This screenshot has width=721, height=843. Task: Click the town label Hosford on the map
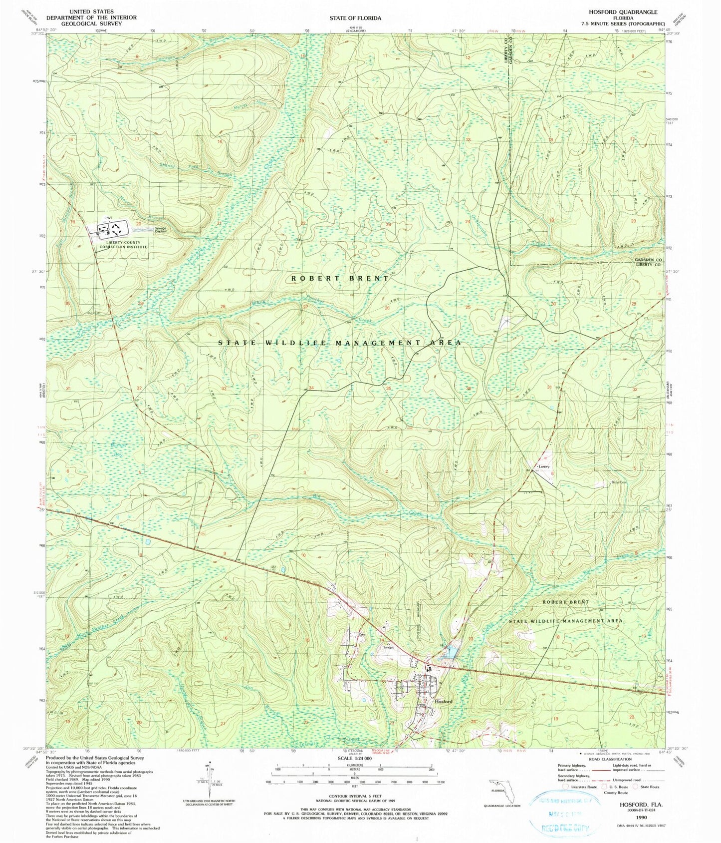pos(443,701)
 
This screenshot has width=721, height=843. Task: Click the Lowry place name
pos(543,466)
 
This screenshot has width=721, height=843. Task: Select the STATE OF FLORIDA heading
pos(355,18)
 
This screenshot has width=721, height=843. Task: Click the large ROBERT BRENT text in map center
pos(339,278)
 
